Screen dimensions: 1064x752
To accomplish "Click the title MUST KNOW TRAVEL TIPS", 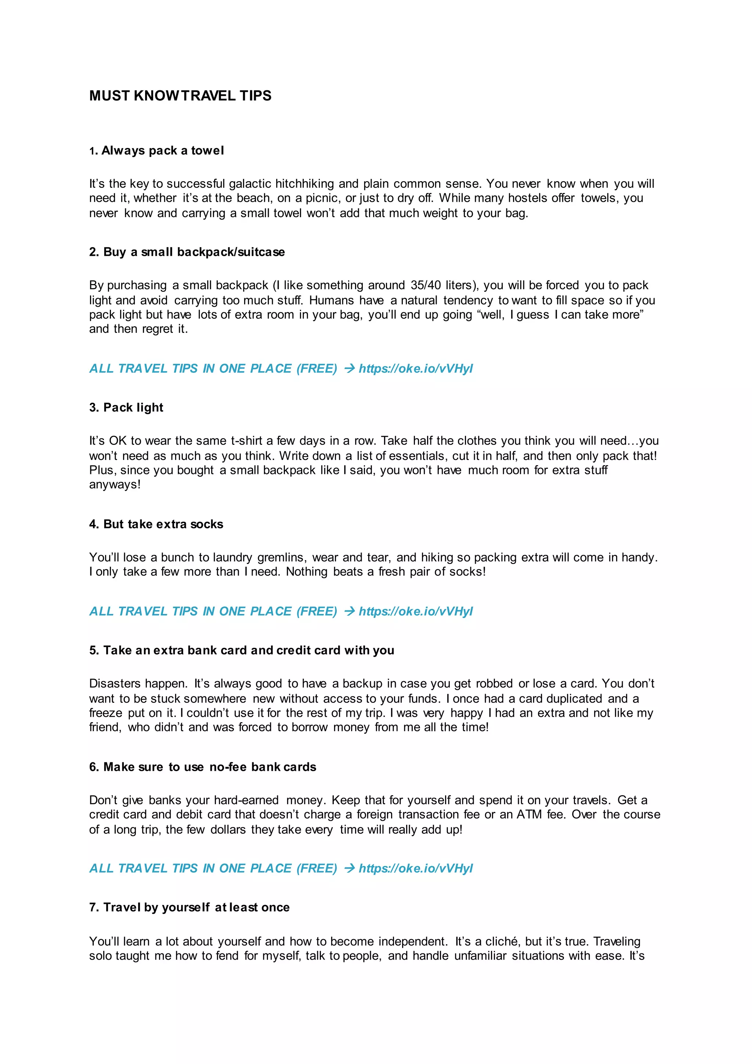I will point(180,96).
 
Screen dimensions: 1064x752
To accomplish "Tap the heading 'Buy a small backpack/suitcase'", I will point(187,252).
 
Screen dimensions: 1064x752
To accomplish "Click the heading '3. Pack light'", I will point(126,407).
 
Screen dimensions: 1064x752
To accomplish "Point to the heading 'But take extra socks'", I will point(156,524).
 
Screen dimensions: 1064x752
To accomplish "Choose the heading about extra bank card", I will point(241,650).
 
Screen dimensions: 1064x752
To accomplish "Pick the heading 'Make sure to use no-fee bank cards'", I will point(202,767).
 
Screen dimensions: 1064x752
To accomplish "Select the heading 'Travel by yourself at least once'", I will point(189,907).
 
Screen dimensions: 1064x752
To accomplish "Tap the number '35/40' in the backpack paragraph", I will point(425,285).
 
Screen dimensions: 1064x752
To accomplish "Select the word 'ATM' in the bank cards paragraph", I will point(529,815).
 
